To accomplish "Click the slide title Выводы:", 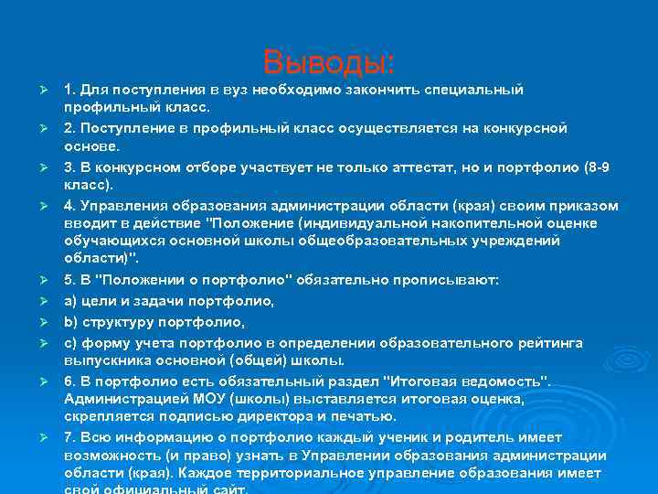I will [x=329, y=62].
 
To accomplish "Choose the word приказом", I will [x=566, y=205].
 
